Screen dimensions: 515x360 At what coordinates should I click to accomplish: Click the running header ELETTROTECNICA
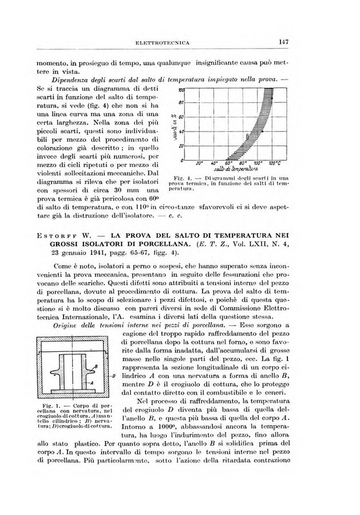click(163, 42)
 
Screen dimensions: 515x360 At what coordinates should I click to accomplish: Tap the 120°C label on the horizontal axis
click(276, 163)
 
